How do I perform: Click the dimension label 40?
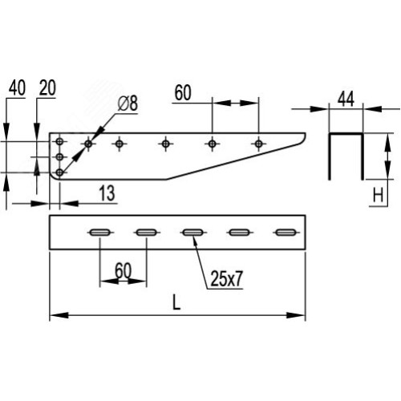coord(17,87)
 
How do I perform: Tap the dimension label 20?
coord(47,87)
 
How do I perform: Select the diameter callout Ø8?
coord(128,103)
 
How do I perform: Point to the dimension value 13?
coord(107,193)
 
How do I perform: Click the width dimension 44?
coord(346,99)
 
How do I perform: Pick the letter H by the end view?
coord(378,195)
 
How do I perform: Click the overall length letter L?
coord(176,302)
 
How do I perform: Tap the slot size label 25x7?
coord(227,278)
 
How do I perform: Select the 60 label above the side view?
coord(183,93)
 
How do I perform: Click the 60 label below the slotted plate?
coord(124,270)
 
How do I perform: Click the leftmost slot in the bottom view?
coord(100,233)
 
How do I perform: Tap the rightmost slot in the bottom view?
coord(286,233)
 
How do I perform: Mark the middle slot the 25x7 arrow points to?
coord(192,233)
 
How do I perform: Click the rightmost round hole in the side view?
coord(258,144)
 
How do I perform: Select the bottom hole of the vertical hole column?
coord(59,172)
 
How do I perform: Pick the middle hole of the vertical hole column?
coord(59,157)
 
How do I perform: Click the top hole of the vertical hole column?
coord(59,141)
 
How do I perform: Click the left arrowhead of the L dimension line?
coord(59,315)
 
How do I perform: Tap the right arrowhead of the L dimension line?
coord(296,315)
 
